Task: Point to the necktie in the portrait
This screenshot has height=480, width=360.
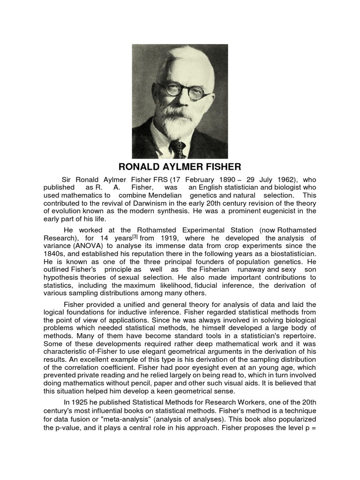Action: pyautogui.click(x=178, y=149)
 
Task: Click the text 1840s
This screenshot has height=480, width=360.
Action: pyautogui.click(x=54, y=253)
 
